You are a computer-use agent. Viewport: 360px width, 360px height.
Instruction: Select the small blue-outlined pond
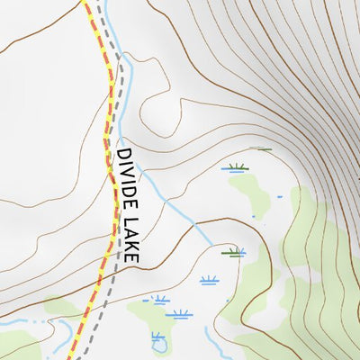pyautogui.click(x=159, y=340)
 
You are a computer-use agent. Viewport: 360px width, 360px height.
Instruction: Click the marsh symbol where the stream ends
pyautogui.click(x=234, y=252)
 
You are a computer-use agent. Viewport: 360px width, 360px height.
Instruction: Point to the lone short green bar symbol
pyautogui.click(x=261, y=148)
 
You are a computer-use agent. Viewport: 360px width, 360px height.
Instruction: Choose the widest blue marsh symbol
pyautogui.click(x=178, y=314)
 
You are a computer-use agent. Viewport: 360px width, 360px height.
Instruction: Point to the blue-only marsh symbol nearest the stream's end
pyautogui.click(x=209, y=280)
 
